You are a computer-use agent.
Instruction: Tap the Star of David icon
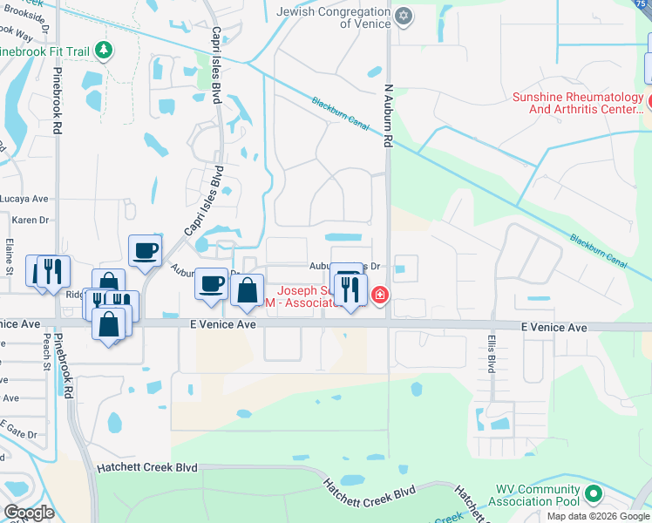pyautogui.click(x=403, y=16)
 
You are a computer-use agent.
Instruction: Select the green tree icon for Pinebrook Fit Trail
pyautogui.click(x=104, y=51)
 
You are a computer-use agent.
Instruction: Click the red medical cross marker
pyautogui.click(x=380, y=296)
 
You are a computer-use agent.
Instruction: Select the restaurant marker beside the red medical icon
pyautogui.click(x=350, y=289)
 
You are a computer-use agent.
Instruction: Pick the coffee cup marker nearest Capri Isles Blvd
pyautogui.click(x=145, y=250)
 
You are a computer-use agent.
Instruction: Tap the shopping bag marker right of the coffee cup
pyautogui.click(x=248, y=290)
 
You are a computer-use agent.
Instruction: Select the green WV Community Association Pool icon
pyautogui.click(x=594, y=495)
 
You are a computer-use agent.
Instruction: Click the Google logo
pyautogui.click(x=29, y=513)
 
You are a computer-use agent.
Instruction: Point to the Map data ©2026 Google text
pyautogui.click(x=598, y=516)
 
